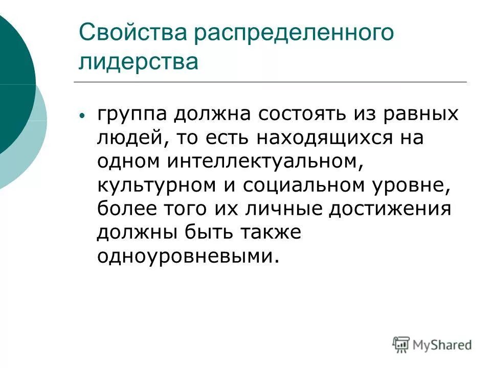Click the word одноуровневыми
click(x=189, y=257)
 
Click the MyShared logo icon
click(x=401, y=344)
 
